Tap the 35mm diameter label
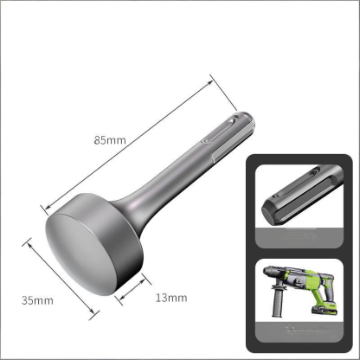(39, 300)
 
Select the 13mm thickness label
(170, 297)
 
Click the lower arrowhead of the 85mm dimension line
(43, 209)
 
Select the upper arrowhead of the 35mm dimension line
(29, 243)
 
